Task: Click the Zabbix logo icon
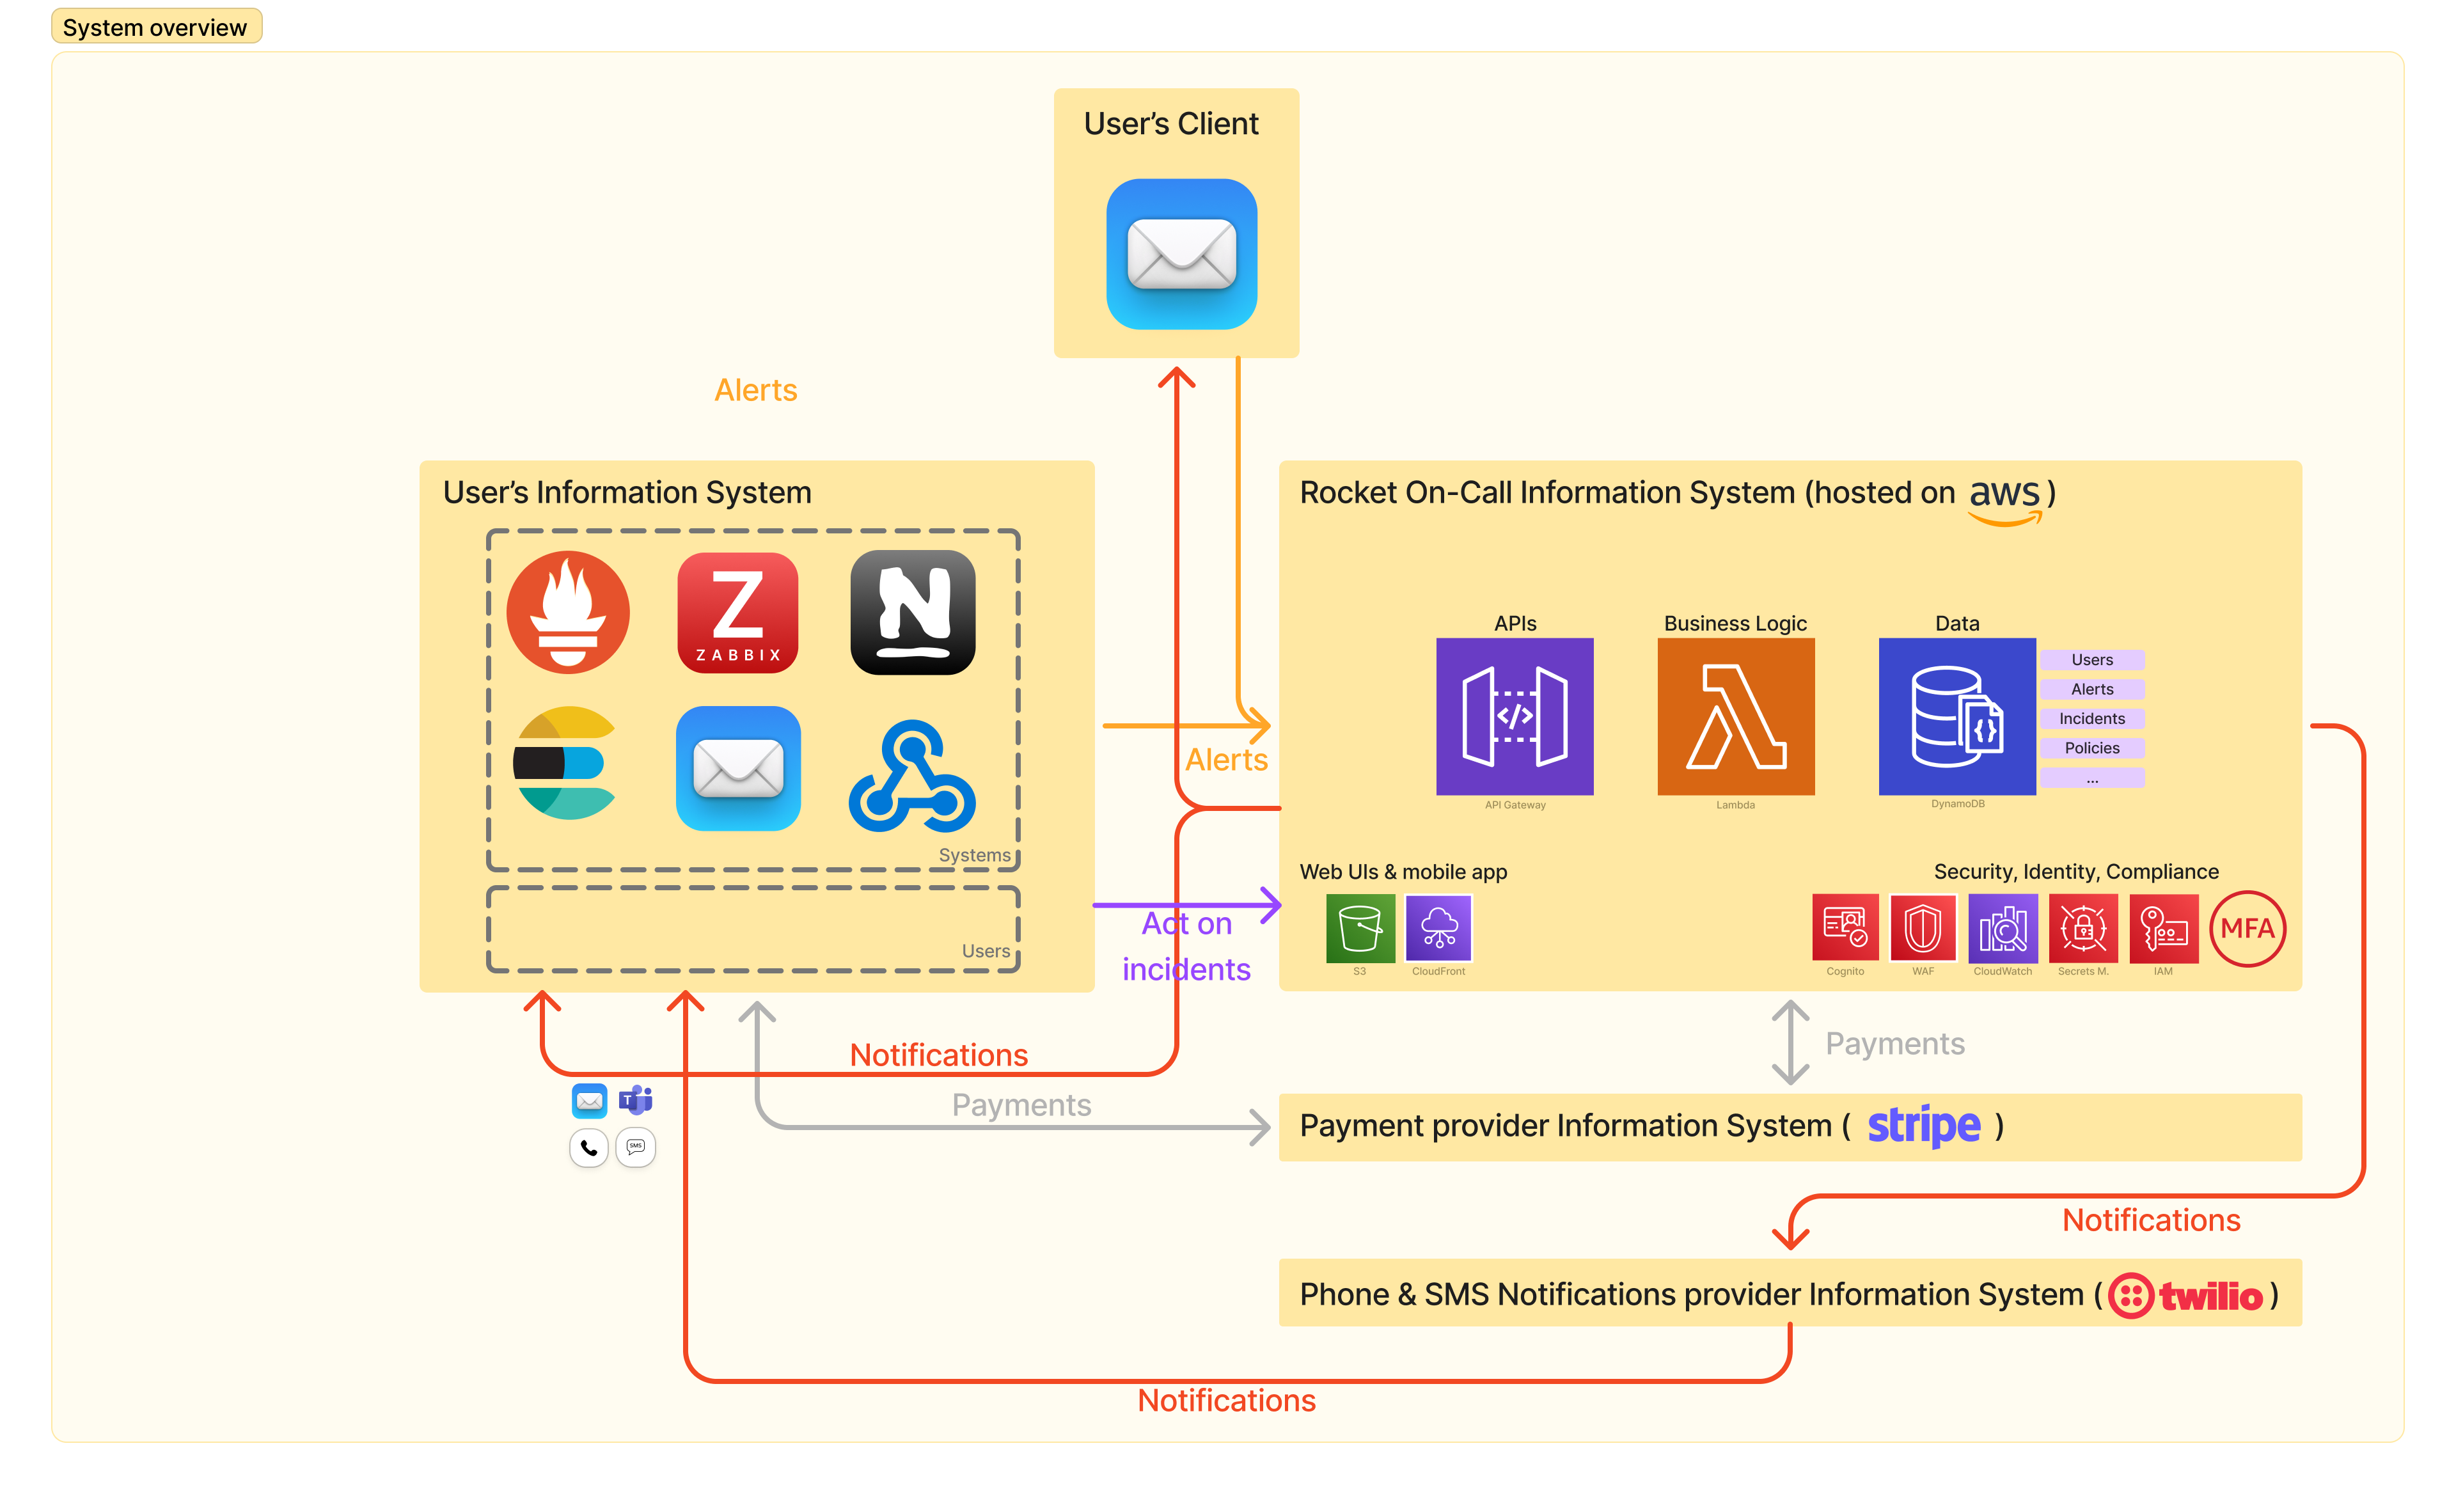pyautogui.click(x=737, y=613)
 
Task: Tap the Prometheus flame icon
pyautogui.click(x=568, y=613)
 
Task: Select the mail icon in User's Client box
pyautogui.click(x=1181, y=254)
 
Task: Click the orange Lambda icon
pyautogui.click(x=1735, y=716)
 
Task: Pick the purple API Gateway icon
pyautogui.click(x=1514, y=716)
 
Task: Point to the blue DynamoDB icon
pyautogui.click(x=1956, y=716)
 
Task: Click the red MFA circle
pyautogui.click(x=2247, y=929)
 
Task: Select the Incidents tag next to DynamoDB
pyautogui.click(x=2091, y=719)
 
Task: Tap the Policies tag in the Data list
pyautogui.click(x=2091, y=748)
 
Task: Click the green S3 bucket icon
pyautogui.click(x=1360, y=929)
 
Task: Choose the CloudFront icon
pyautogui.click(x=1438, y=929)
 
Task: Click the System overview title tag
pyautogui.click(x=155, y=27)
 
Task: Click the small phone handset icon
pyautogui.click(x=589, y=1148)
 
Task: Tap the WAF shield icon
pyautogui.click(x=1922, y=929)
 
